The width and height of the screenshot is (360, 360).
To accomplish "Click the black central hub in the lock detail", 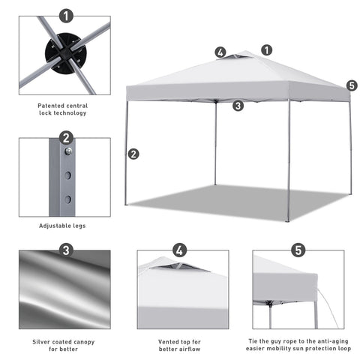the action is click(x=65, y=53).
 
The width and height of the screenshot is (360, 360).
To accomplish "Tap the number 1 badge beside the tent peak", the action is click(x=267, y=50).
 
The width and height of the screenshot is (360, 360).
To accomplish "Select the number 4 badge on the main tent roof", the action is click(x=220, y=52).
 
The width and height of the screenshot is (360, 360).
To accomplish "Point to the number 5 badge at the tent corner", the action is click(x=352, y=85).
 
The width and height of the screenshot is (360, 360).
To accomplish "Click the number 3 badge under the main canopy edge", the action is click(x=238, y=106).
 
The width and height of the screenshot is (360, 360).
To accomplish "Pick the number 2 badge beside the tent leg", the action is click(x=133, y=154).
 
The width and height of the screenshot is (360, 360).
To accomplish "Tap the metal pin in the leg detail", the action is click(x=68, y=151).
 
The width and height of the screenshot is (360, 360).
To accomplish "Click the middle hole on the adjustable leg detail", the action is click(x=67, y=175).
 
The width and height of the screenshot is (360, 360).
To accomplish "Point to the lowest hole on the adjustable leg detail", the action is click(x=67, y=199).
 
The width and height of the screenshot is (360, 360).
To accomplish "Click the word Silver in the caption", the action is click(x=41, y=342).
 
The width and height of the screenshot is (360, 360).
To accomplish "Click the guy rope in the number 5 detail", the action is click(x=328, y=307).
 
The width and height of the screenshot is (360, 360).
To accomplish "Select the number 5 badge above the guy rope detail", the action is click(x=298, y=250).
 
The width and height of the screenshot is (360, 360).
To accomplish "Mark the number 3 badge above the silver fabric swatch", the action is click(x=66, y=250).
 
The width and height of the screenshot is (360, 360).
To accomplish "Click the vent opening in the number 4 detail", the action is click(x=181, y=267).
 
